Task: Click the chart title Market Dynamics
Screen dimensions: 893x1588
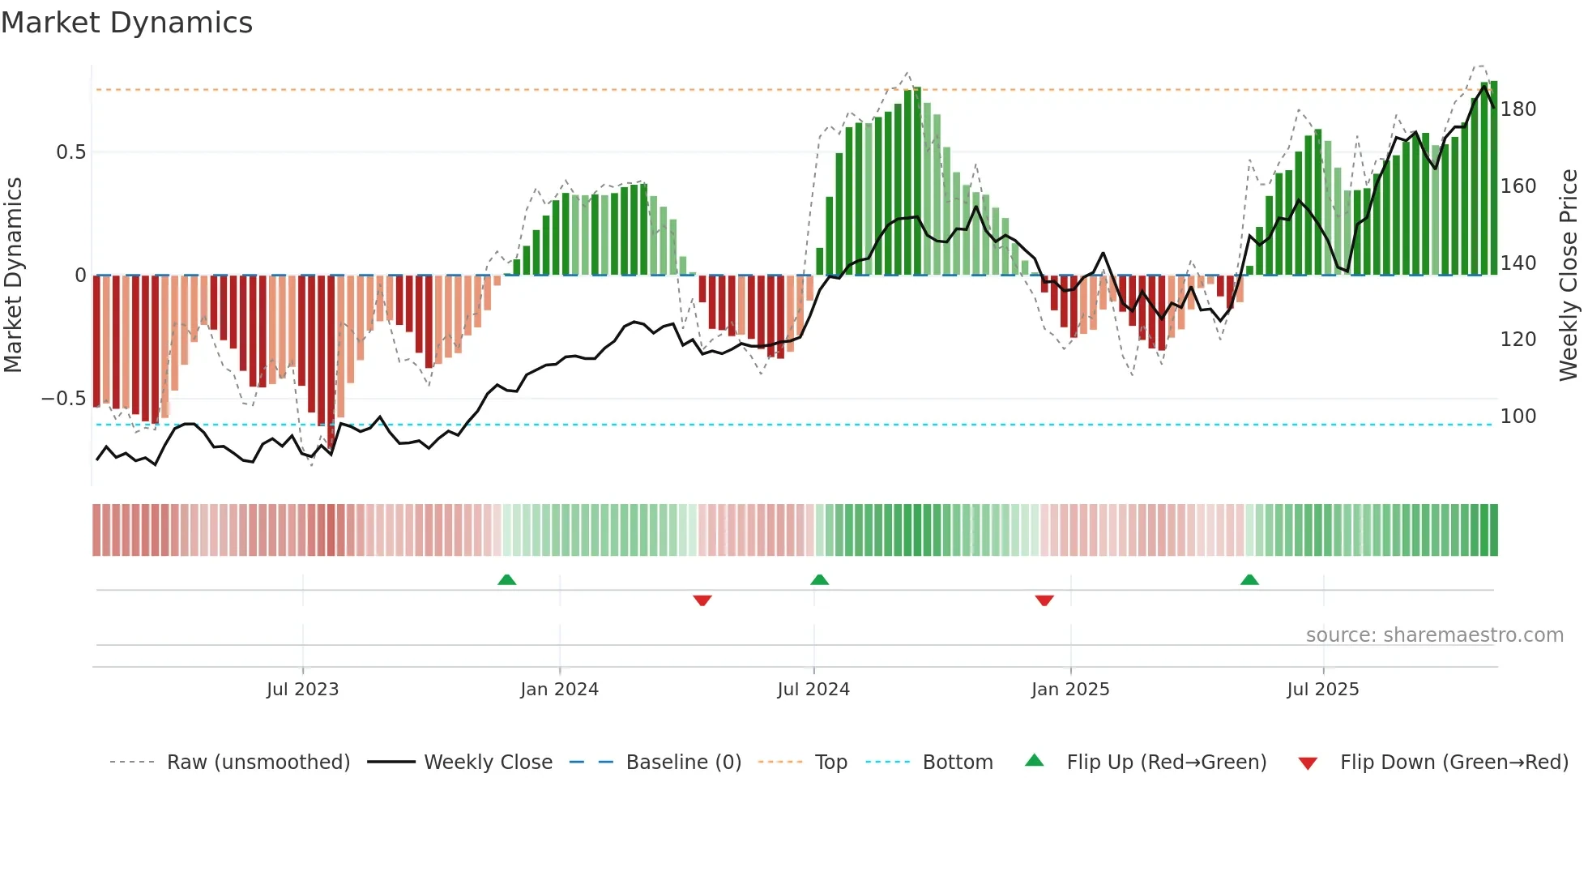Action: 126,23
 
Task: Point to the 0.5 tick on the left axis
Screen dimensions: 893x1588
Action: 70,152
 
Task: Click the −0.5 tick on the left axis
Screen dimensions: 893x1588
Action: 63,399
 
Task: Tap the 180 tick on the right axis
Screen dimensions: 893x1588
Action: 1518,109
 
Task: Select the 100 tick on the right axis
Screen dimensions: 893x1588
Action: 1518,417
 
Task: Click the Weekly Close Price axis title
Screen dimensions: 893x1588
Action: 1569,276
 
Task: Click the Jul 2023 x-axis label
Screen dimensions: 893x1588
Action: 302,690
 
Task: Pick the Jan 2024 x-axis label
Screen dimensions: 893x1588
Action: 559,690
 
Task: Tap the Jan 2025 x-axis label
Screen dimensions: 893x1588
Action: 1069,690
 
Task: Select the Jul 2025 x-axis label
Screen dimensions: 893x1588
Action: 1322,690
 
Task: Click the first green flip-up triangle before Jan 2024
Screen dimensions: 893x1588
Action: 506,579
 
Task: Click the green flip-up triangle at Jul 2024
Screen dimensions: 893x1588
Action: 819,579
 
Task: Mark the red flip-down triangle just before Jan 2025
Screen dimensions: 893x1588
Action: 1044,600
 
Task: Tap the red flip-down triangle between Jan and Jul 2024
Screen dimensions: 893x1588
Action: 702,600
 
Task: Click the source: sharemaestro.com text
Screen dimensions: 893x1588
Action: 1434,635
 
